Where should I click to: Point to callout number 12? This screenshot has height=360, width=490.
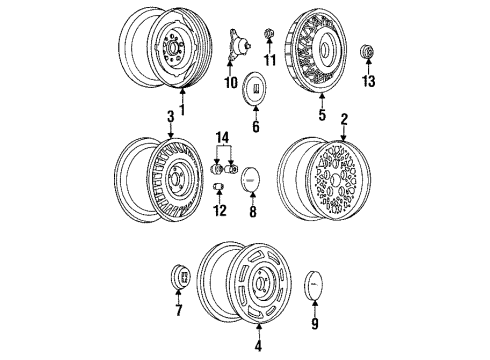click(219, 210)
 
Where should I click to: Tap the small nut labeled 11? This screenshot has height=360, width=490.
click(268, 36)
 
